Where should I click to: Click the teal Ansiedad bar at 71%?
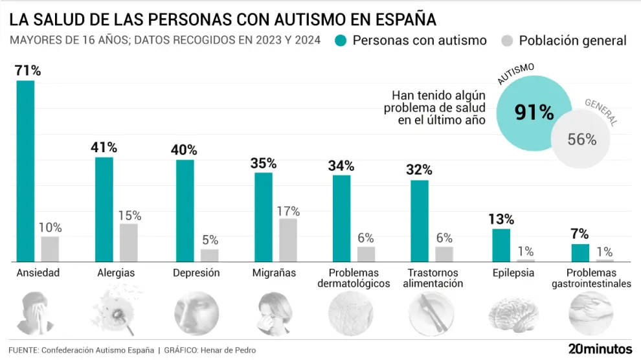tap(25, 171)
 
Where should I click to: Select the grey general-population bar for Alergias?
tap(128, 242)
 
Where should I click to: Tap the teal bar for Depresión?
tap(185, 210)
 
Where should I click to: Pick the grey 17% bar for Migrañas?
tap(288, 240)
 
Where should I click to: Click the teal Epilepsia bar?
tap(501, 245)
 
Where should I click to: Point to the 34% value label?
tap(341, 166)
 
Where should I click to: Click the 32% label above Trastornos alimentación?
tap(419, 170)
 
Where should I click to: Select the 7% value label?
tap(579, 234)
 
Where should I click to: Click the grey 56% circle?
tap(582, 138)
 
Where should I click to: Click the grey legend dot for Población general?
tap(507, 41)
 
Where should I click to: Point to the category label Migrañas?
tap(274, 273)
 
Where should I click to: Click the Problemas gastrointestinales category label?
tap(590, 278)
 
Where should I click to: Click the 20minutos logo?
tap(600, 348)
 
